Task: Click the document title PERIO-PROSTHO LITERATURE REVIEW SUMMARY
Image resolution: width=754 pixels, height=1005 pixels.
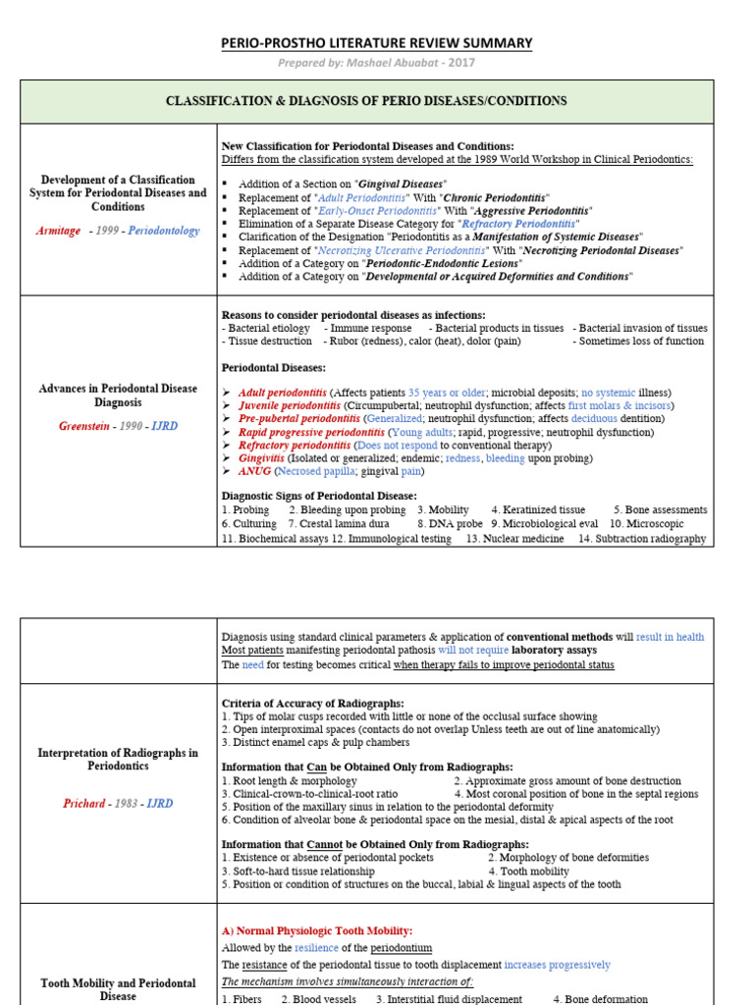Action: point(376,43)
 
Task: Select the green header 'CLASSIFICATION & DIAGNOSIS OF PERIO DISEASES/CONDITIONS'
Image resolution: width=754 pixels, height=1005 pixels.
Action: point(366,101)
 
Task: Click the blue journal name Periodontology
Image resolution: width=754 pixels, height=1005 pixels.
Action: point(163,231)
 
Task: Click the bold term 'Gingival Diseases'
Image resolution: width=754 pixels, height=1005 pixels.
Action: point(401,184)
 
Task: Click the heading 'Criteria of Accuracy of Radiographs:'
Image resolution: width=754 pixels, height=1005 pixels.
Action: point(312,704)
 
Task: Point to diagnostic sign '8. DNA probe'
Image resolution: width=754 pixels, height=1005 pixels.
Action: point(454,524)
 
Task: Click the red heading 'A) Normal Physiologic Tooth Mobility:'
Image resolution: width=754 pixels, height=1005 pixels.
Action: point(317,930)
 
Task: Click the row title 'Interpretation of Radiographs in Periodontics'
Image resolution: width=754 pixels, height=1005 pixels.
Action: point(118,760)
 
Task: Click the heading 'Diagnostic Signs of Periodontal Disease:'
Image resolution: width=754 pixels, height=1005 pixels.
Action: point(319,496)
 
